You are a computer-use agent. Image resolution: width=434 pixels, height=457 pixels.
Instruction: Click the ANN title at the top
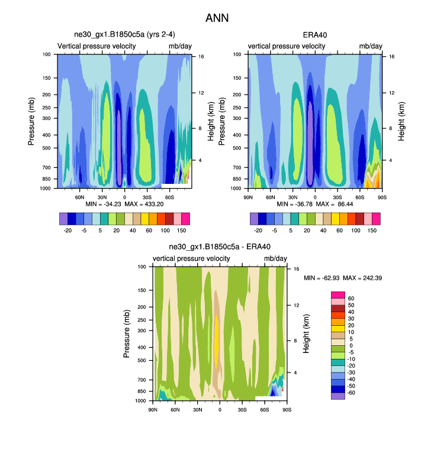217,18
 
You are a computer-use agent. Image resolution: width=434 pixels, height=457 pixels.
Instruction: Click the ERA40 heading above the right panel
315,35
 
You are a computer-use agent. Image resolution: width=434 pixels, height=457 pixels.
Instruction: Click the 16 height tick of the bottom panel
297,268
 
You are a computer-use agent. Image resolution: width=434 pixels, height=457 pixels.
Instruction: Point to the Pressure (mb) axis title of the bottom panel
127,334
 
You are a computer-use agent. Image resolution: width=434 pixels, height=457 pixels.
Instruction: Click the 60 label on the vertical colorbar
351,298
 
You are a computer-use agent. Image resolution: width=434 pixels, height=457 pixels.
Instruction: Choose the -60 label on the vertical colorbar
352,392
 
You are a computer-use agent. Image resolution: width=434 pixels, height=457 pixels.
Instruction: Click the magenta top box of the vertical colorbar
337,294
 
